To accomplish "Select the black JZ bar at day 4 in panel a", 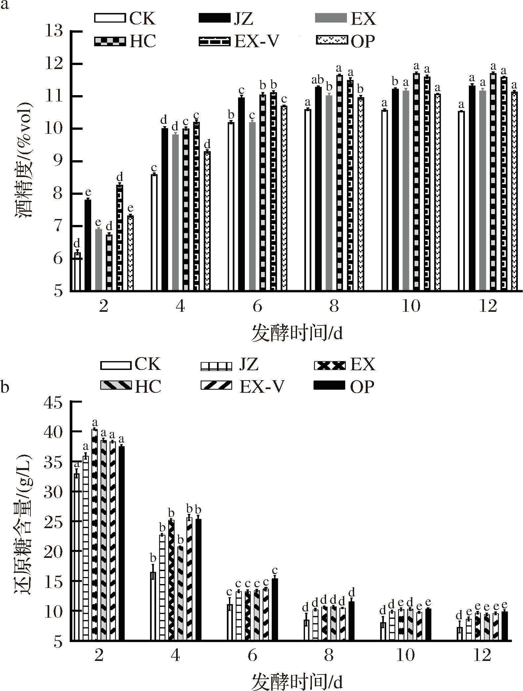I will click(x=165, y=210).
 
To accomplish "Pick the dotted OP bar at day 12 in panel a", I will click(x=514, y=192).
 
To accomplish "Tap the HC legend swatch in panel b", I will click(x=116, y=385).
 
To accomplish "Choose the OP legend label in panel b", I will click(x=362, y=387).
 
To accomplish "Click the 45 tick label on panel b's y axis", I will click(x=53, y=404).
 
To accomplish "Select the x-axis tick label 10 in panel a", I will click(x=411, y=307).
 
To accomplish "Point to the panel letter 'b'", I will click(x=5, y=387).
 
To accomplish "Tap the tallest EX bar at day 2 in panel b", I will click(x=95, y=535).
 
